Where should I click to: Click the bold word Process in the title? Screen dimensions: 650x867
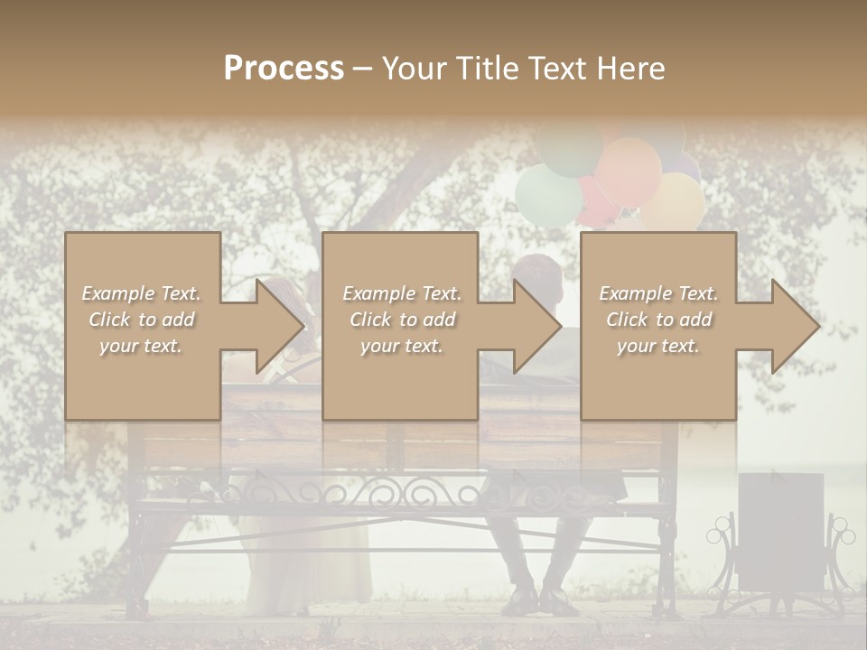pyautogui.click(x=284, y=68)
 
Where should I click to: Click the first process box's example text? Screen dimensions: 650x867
pyautogui.click(x=141, y=320)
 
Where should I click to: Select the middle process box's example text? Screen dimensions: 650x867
pyautogui.click(x=401, y=320)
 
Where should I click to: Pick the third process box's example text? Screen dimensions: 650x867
pyautogui.click(x=658, y=320)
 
